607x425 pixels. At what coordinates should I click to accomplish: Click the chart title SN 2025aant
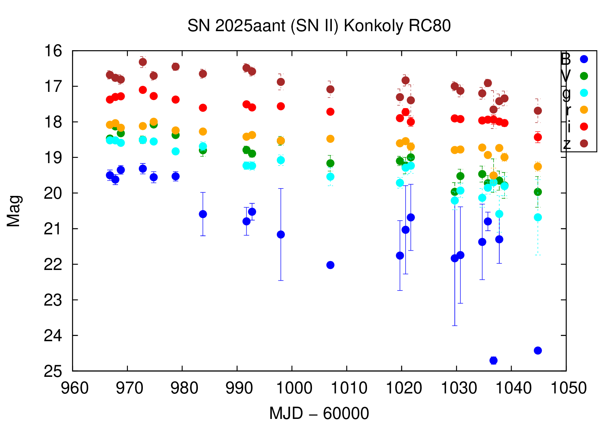319,26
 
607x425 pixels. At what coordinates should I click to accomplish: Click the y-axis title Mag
14,211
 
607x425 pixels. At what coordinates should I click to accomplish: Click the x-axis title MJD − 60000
319,414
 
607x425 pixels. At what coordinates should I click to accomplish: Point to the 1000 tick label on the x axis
292,388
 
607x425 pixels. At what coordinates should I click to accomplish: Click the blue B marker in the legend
584,59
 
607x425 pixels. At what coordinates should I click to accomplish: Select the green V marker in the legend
584,76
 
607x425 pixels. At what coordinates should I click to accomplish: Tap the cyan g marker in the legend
584,93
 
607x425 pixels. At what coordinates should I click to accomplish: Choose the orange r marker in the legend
584,110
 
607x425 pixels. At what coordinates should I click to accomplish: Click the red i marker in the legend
584,127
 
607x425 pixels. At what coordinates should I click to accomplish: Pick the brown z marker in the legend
584,143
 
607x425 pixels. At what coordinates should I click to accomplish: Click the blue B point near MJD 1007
330,265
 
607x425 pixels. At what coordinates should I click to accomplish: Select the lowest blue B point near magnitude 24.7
493,360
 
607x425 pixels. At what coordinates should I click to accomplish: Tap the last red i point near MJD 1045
538,137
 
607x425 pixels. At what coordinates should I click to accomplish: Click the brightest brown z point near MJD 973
143,62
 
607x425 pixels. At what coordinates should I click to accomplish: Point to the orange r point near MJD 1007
330,139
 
